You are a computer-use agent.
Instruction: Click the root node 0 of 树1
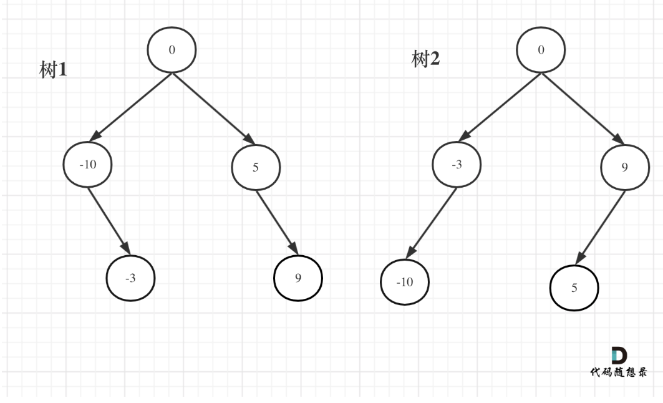point(172,51)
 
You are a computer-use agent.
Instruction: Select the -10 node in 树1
point(87,165)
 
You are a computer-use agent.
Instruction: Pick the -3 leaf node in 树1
point(130,278)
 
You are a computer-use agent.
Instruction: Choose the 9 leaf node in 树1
point(298,278)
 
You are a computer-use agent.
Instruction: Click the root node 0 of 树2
point(540,51)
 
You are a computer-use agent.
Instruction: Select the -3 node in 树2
point(456,165)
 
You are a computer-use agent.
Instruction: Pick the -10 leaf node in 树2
point(405,282)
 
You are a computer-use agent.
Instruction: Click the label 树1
point(54,70)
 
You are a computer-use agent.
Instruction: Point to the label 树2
point(426,60)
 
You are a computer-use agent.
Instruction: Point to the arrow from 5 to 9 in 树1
point(276,221)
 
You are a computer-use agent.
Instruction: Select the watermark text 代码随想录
point(619,372)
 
